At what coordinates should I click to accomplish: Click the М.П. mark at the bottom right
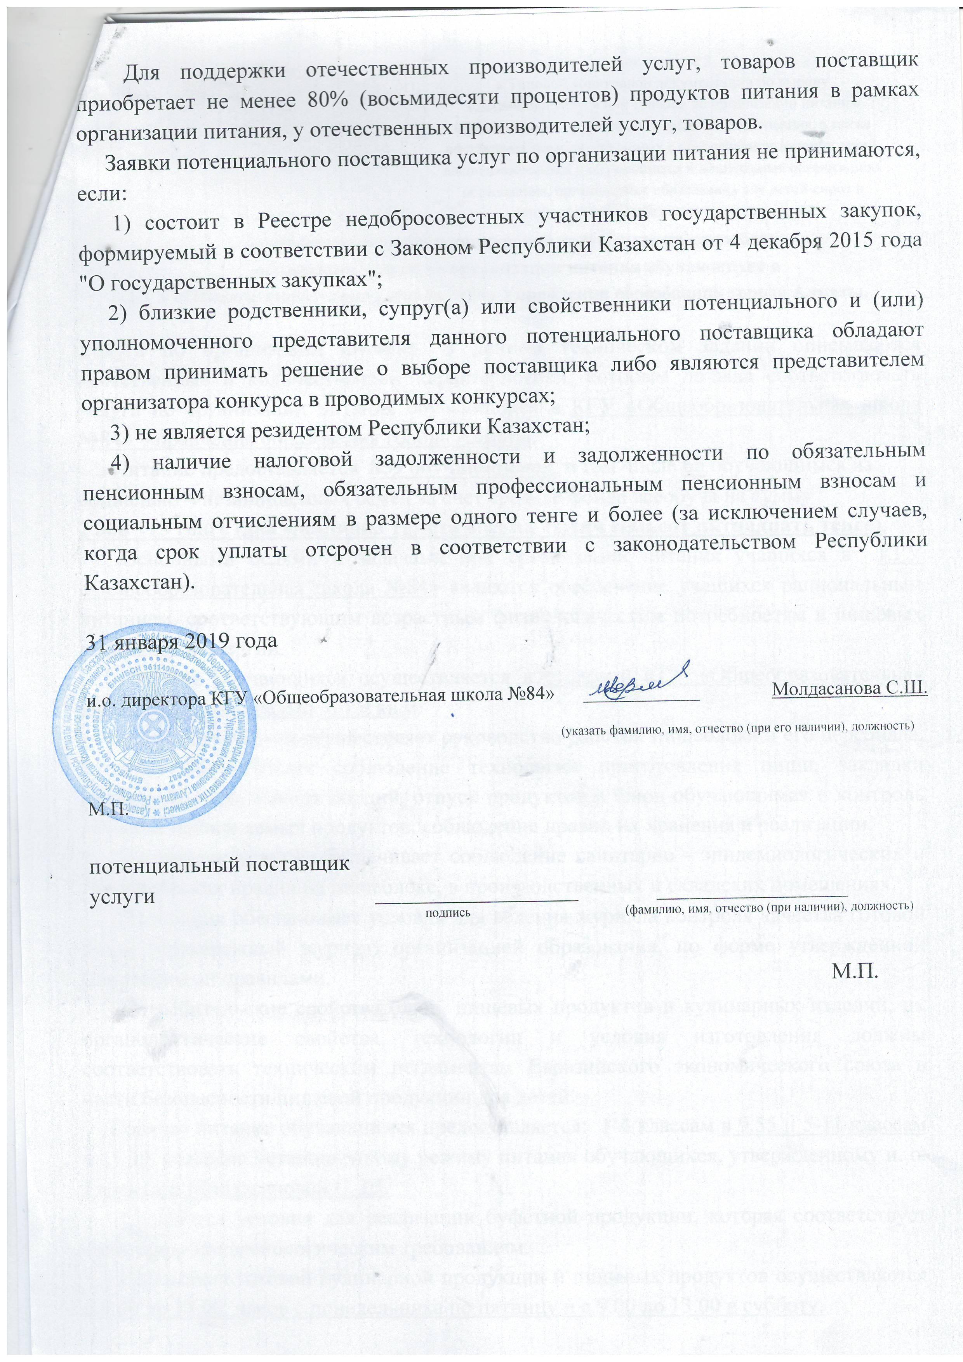[854, 971]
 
